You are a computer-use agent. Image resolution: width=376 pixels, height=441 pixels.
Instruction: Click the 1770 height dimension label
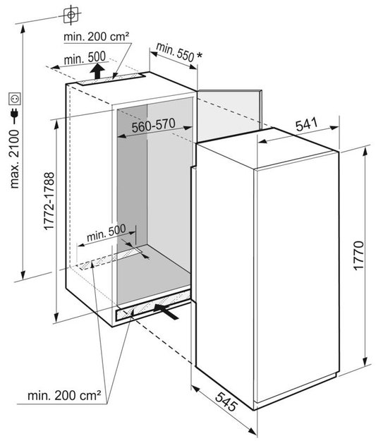[x=359, y=255]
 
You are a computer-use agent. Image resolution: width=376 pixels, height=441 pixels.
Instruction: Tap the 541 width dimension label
[x=307, y=124]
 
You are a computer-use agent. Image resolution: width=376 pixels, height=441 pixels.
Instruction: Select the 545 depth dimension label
[x=226, y=401]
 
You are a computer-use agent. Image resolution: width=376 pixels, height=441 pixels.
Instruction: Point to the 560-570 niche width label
[x=154, y=126]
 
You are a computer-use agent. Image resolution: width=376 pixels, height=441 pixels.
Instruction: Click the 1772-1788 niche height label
[x=49, y=201]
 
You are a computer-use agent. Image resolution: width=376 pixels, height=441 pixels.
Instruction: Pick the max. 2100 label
[x=14, y=159]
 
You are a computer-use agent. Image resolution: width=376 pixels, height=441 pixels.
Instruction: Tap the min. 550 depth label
[x=175, y=52]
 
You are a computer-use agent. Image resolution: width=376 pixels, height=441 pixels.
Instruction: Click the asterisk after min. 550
[x=199, y=56]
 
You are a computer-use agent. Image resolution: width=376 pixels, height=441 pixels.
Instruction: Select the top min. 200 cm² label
[x=97, y=37]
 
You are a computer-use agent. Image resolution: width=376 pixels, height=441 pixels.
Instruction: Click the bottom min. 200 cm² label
[x=63, y=396]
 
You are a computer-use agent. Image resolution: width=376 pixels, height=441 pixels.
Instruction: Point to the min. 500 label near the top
[x=85, y=59]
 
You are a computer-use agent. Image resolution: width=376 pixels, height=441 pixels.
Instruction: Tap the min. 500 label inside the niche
[x=107, y=233]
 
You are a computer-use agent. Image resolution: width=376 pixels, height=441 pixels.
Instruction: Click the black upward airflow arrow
[x=97, y=71]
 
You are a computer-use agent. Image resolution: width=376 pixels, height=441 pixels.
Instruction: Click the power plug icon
[x=14, y=114]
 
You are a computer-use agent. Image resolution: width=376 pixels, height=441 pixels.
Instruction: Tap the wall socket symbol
[x=15, y=99]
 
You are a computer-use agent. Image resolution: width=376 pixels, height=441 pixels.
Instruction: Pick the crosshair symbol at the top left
[x=71, y=14]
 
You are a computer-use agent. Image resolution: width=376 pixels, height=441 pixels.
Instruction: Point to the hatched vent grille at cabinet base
[x=153, y=306]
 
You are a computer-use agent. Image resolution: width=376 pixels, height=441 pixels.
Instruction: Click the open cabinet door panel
[x=229, y=115]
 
